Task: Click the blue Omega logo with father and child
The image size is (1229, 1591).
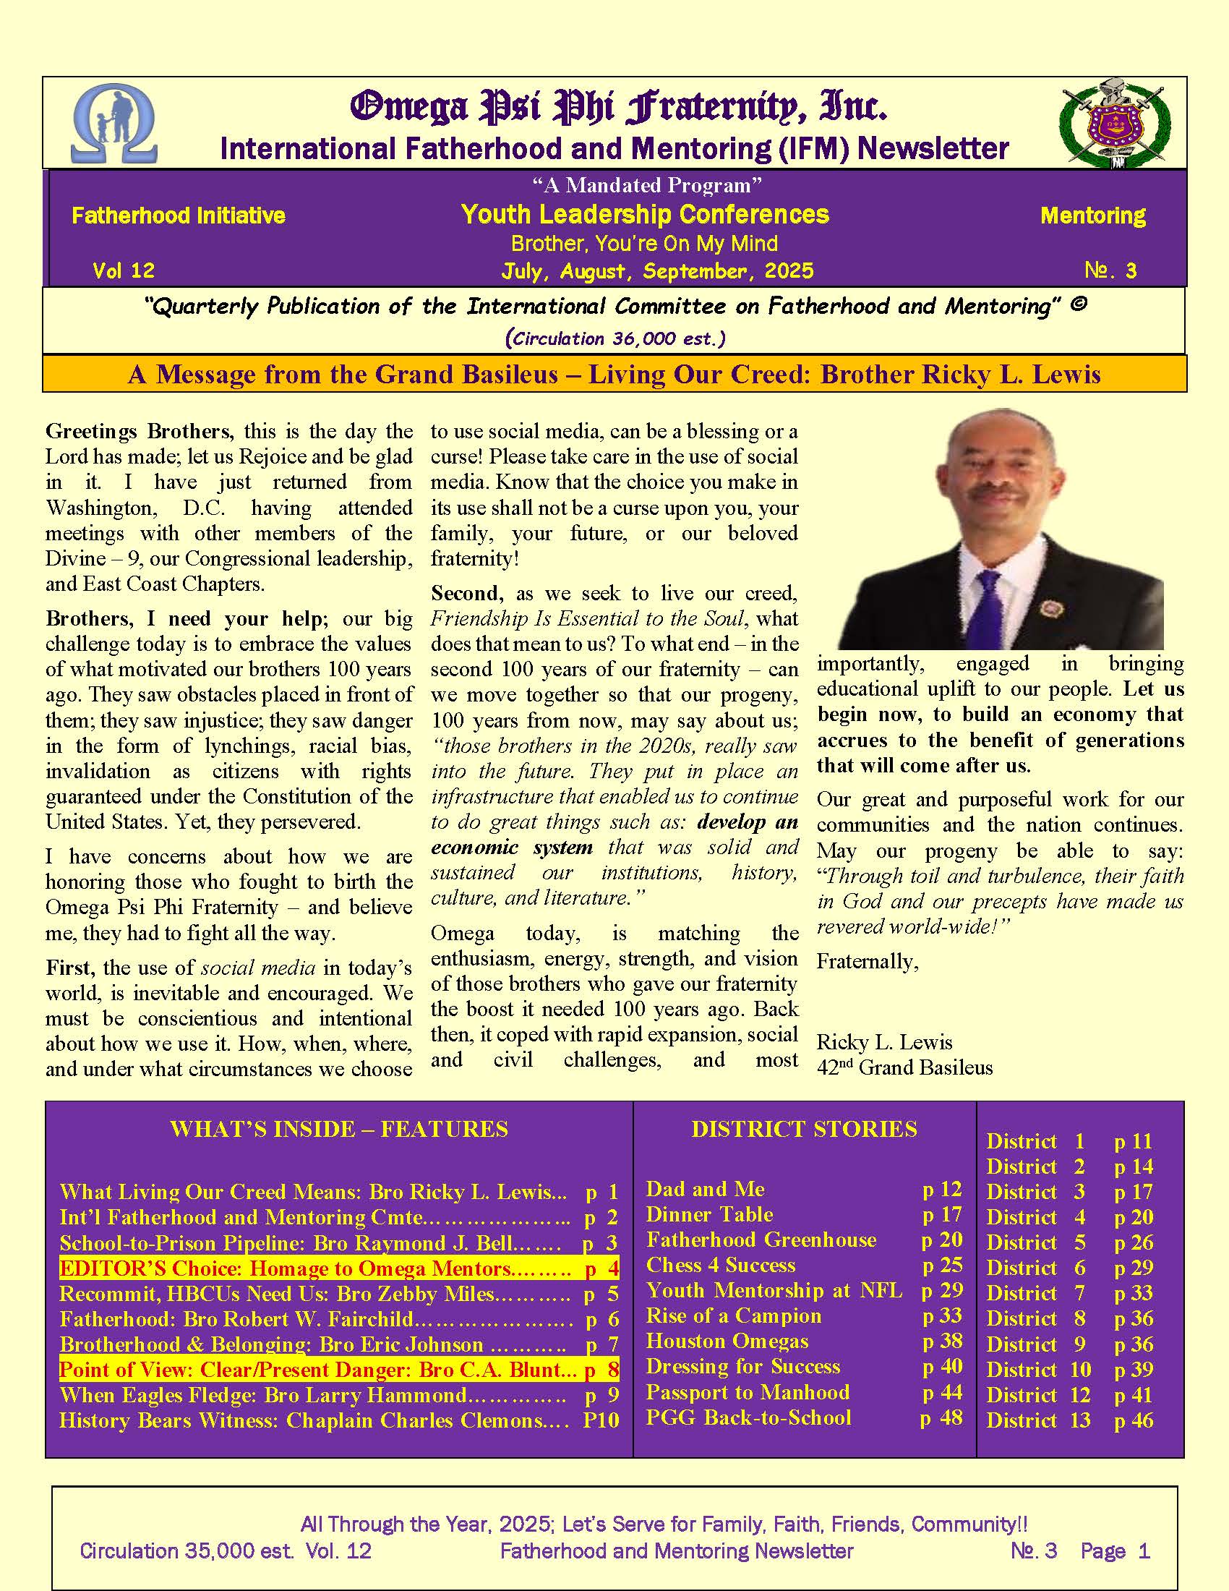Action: (114, 124)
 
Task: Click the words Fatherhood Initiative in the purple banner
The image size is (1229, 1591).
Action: (179, 216)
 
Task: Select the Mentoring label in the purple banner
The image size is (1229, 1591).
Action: (1092, 216)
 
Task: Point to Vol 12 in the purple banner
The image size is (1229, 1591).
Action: (124, 271)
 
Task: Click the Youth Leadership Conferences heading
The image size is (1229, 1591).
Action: (645, 214)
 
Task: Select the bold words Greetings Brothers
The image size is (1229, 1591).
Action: (139, 431)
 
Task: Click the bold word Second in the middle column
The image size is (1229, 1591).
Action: (466, 593)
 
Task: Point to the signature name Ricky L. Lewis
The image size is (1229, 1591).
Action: (884, 1041)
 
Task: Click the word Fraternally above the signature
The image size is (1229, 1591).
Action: (866, 963)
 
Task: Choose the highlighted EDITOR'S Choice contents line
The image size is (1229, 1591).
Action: (338, 1268)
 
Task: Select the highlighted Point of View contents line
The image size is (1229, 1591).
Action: (338, 1370)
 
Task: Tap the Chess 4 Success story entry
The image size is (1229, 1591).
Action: (721, 1266)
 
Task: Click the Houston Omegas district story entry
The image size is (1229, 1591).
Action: (727, 1341)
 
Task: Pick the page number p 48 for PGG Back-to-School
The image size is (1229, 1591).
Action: (941, 1417)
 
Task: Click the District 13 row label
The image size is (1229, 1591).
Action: (1038, 1420)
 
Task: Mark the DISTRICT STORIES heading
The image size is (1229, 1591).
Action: (804, 1129)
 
